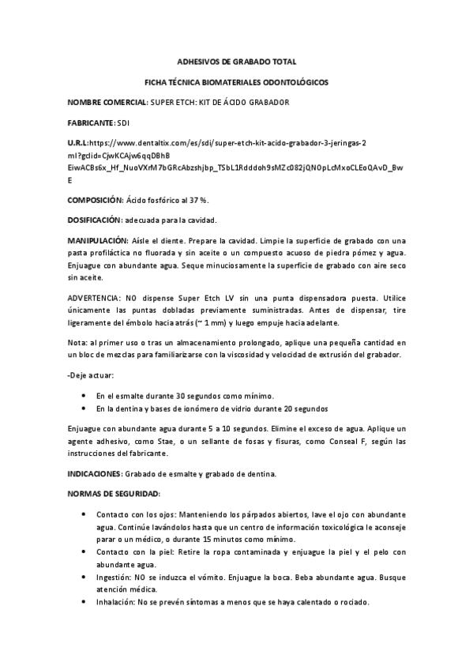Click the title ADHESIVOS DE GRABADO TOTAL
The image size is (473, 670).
click(236, 61)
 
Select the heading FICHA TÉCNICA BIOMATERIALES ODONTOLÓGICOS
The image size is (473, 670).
click(236, 82)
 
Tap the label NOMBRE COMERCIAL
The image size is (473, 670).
click(107, 104)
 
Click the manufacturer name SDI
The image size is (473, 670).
click(122, 124)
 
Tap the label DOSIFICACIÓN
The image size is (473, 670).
click(95, 220)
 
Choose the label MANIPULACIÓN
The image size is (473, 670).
click(97, 240)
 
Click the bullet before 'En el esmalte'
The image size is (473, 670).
click(84, 394)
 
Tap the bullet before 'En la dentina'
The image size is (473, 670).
click(84, 408)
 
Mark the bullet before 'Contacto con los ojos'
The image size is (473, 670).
click(84, 514)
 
